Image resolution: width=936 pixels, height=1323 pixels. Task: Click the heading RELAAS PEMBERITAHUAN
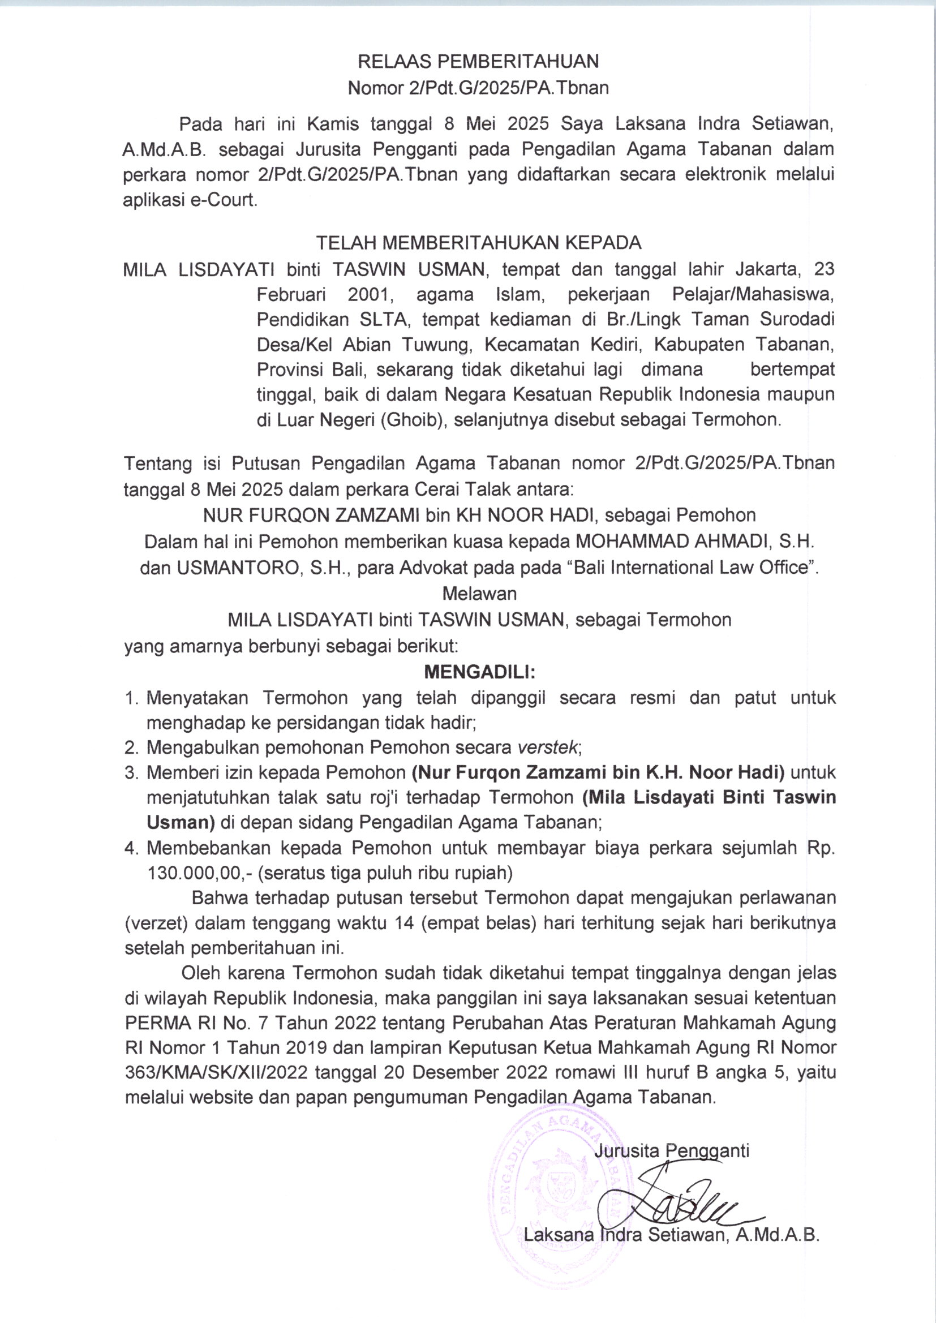[478, 61]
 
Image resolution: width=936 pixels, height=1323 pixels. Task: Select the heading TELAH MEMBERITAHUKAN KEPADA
[478, 243]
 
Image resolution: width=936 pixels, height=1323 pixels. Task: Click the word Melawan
[479, 593]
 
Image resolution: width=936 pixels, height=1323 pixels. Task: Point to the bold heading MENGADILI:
[479, 672]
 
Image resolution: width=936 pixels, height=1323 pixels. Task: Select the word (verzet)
[156, 923]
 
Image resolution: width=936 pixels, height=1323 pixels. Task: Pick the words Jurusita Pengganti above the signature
[672, 1152]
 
